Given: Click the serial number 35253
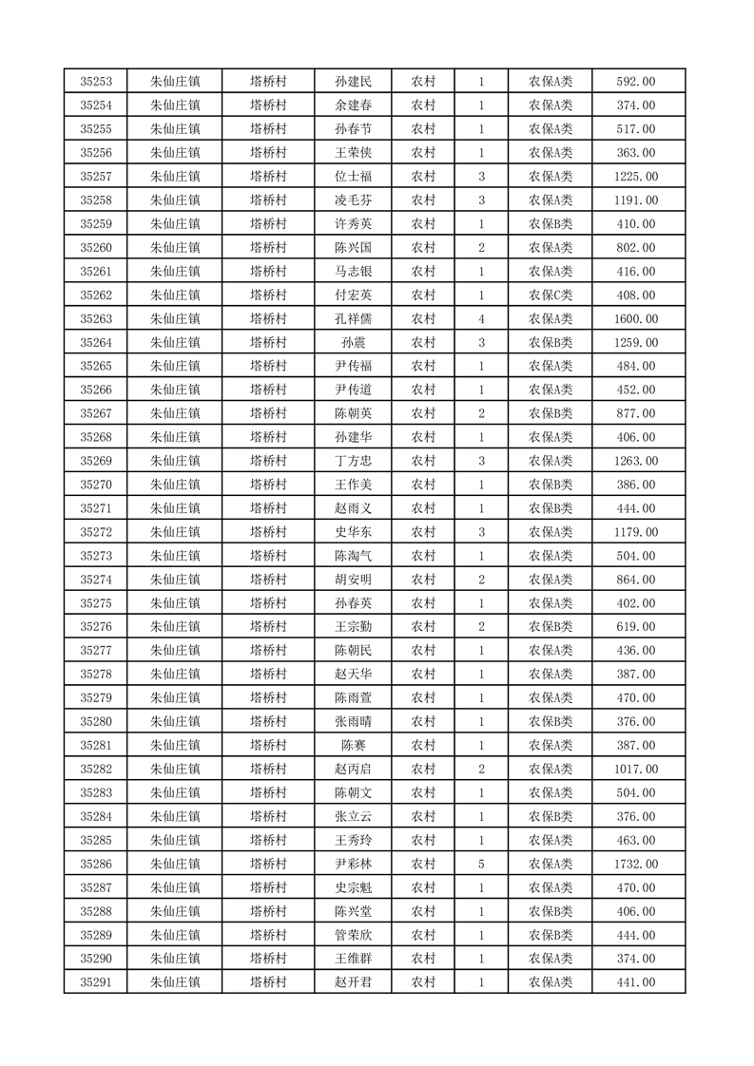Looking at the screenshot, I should (95, 82).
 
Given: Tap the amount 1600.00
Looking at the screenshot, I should (636, 318).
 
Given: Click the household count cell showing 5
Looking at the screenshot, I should (482, 864).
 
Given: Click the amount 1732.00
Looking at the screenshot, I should (636, 864).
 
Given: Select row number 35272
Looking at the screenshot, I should (95, 532).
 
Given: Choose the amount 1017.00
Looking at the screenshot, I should (636, 769).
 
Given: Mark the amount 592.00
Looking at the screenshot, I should (636, 82).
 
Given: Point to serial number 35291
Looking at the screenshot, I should (95, 981).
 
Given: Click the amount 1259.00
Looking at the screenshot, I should (636, 342).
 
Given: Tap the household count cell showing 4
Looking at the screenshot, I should (482, 318).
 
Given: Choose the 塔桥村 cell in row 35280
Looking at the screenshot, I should (268, 721).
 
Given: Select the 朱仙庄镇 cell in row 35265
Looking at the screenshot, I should (176, 366).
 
